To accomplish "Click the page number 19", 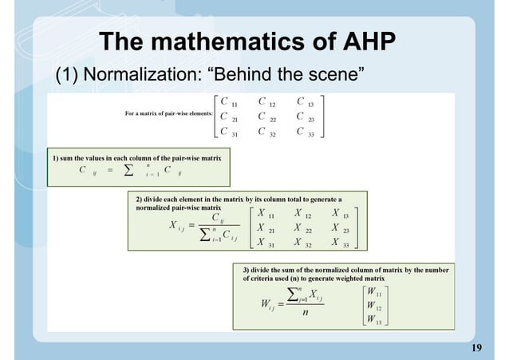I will pos(478,347).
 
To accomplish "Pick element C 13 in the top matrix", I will pos(305,103).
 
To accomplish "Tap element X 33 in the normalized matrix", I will pos(341,243).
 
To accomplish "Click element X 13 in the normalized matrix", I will pos(341,214).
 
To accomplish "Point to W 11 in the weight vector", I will pos(373,293).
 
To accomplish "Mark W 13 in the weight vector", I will pos(373,320).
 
